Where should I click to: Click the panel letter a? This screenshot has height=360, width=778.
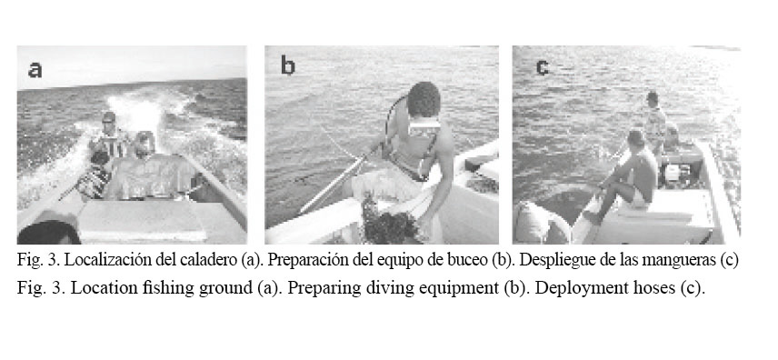(x=35, y=69)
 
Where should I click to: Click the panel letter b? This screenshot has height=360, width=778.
(x=288, y=65)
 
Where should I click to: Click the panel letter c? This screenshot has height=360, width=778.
(x=543, y=68)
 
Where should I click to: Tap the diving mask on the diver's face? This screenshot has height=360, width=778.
(x=424, y=126)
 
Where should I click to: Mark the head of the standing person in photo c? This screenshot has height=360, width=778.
(x=653, y=98)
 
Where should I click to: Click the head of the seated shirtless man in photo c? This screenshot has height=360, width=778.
(x=636, y=137)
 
